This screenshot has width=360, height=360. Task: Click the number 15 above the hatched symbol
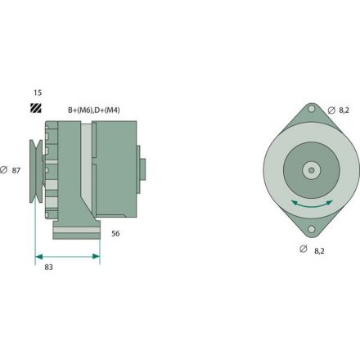point(37,92)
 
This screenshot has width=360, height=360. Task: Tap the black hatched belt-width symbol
point(36,108)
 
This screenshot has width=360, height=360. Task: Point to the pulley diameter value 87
point(16,170)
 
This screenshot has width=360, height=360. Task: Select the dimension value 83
point(49,267)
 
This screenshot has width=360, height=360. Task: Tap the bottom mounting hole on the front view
point(312,231)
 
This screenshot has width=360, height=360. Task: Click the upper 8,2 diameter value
point(344,110)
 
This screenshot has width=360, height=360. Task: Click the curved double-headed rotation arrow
point(312,203)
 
